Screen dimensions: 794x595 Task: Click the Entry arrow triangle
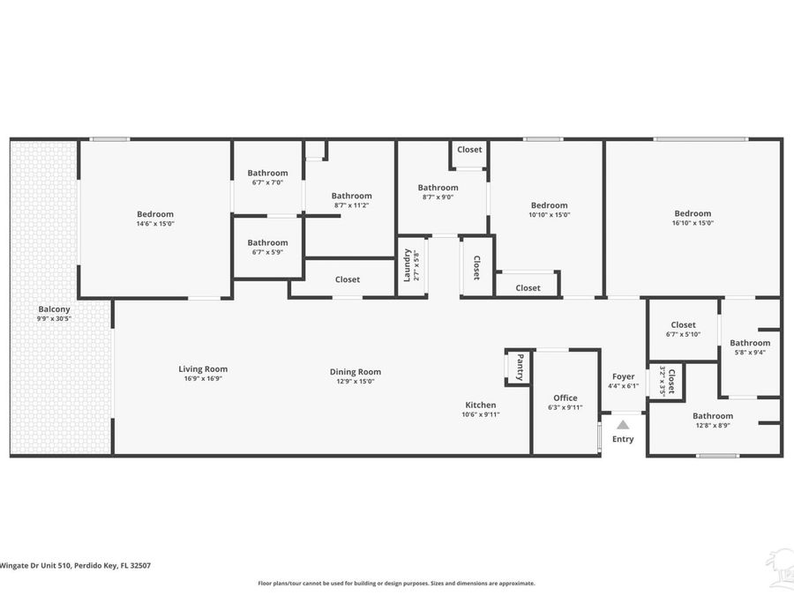click(x=623, y=425)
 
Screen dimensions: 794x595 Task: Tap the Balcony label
click(x=54, y=309)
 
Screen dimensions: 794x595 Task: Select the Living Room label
click(x=203, y=369)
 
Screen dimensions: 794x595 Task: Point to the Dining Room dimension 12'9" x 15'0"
click(x=356, y=382)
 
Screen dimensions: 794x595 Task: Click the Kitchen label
click(x=481, y=405)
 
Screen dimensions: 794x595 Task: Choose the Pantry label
click(x=520, y=368)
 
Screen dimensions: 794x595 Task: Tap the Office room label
click(x=566, y=398)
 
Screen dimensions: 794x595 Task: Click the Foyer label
click(x=624, y=376)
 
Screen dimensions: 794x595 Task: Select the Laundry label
click(x=407, y=265)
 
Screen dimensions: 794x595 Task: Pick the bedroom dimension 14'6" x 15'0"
click(x=155, y=224)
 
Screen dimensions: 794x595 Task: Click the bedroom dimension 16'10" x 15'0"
click(x=693, y=223)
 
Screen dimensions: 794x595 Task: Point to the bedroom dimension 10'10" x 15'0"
click(x=550, y=214)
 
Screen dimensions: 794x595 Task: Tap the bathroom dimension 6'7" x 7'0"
click(x=267, y=182)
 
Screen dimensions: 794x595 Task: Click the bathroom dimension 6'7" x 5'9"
click(x=267, y=252)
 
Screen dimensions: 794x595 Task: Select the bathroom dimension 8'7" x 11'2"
click(x=351, y=205)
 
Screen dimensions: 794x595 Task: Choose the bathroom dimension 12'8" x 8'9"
click(x=713, y=426)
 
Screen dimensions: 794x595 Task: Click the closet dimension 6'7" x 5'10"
click(x=683, y=334)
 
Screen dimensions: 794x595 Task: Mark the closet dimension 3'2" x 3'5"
click(x=662, y=381)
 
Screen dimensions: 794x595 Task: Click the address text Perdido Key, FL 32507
click(x=112, y=566)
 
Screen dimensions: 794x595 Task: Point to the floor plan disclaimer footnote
click(x=396, y=584)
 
